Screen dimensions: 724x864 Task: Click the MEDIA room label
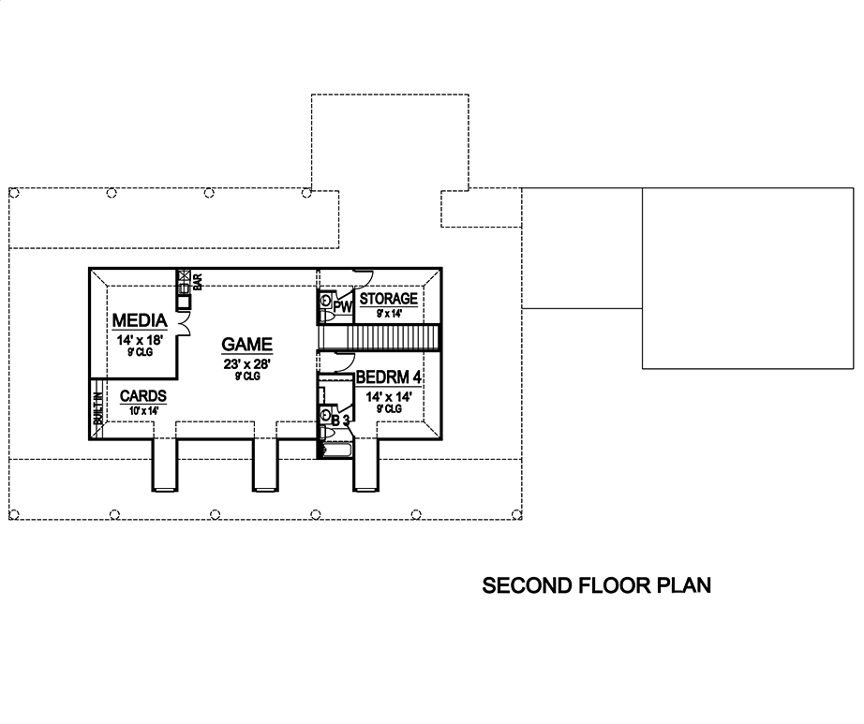point(141,320)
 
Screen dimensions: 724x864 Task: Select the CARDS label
point(143,396)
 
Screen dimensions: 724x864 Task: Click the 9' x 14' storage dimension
point(388,313)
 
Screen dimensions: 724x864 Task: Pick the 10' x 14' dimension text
point(142,409)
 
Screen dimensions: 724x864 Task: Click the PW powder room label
point(342,305)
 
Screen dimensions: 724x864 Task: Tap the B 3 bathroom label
point(341,421)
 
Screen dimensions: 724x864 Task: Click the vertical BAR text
point(198,281)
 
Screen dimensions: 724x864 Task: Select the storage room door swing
point(363,276)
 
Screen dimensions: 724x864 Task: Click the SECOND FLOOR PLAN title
point(596,586)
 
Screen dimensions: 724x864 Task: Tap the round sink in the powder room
point(325,302)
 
